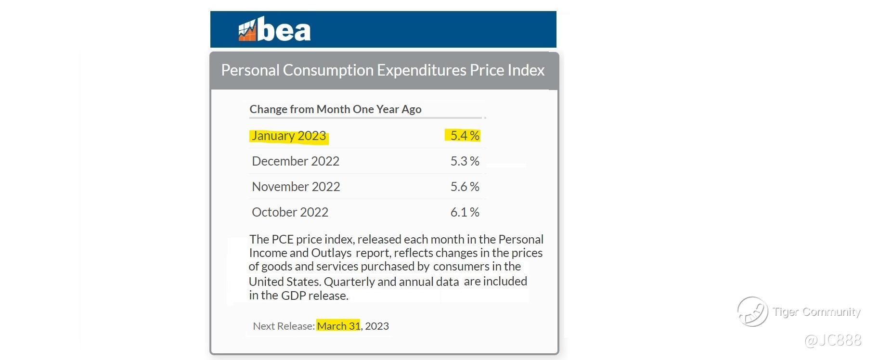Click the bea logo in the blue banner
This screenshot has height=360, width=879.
274,30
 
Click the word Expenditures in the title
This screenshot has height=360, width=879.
422,70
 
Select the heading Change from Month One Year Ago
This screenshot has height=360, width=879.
335,109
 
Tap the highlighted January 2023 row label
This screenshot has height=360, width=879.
289,136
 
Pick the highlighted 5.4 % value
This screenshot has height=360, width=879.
465,136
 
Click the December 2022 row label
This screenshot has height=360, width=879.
296,161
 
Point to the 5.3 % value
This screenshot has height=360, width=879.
465,161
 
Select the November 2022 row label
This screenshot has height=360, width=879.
296,187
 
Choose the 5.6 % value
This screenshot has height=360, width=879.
465,187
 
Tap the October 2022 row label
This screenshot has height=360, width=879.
290,212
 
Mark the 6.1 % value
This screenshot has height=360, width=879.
465,212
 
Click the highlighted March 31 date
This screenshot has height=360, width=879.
338,326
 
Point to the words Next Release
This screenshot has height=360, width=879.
284,326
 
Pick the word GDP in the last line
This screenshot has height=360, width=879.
293,296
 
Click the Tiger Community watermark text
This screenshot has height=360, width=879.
816,312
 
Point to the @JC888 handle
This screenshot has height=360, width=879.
833,340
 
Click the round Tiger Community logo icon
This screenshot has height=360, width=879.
752,312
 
